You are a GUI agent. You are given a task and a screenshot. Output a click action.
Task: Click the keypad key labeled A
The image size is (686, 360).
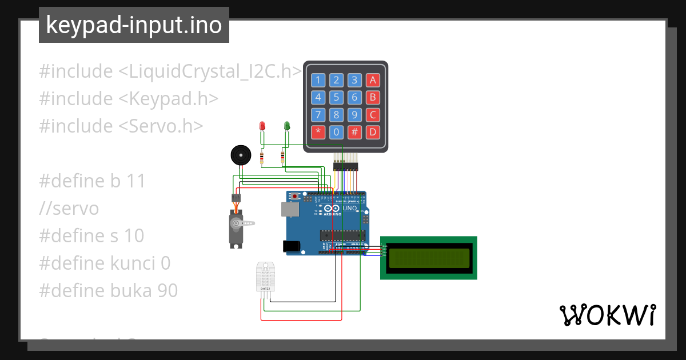(373, 80)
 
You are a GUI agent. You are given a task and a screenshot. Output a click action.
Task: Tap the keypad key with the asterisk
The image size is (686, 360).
(318, 132)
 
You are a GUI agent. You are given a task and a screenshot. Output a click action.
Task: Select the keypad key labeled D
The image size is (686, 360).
(373, 132)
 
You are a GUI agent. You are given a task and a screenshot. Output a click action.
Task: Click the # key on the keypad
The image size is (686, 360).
(354, 132)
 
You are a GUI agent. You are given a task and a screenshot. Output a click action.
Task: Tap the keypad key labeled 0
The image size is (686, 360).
(337, 132)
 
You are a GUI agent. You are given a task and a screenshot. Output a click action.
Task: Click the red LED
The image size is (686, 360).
(262, 126)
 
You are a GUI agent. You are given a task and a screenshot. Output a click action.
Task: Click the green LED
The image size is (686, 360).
(287, 126)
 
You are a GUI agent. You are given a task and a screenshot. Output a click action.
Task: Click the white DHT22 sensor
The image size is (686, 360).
(265, 277)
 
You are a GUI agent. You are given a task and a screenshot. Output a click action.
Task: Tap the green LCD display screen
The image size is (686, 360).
(429, 258)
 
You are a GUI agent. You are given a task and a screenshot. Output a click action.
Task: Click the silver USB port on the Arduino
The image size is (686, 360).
(290, 210)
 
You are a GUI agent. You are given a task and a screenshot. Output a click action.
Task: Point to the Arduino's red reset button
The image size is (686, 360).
(295, 197)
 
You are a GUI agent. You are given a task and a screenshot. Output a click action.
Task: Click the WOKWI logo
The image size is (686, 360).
(607, 315)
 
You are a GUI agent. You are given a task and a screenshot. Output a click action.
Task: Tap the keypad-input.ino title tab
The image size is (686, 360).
(134, 25)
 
